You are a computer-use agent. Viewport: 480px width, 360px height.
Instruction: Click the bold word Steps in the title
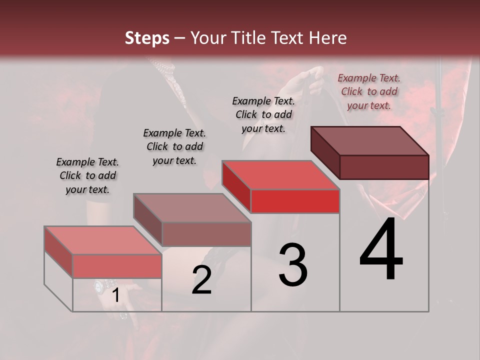pyautogui.click(x=147, y=38)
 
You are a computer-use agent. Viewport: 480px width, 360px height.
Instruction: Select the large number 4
pyautogui.click(x=381, y=250)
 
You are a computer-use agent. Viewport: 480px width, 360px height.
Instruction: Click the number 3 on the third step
pyautogui.click(x=292, y=265)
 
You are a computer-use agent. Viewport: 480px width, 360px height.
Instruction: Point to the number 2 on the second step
pyautogui.click(x=201, y=280)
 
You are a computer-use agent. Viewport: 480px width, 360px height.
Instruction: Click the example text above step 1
pyautogui.click(x=87, y=175)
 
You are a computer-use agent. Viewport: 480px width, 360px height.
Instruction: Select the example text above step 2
pyautogui.click(x=174, y=146)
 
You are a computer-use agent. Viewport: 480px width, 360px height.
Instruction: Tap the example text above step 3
pyautogui.click(x=263, y=114)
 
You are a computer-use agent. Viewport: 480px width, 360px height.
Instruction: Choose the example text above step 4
pyautogui.click(x=369, y=91)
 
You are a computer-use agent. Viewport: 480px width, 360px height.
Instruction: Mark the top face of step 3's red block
pyautogui.click(x=280, y=175)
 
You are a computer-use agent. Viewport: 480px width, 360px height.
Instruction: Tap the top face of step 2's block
pyautogui.click(x=191, y=208)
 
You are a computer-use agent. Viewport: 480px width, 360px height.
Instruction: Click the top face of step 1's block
pyautogui.click(x=102, y=240)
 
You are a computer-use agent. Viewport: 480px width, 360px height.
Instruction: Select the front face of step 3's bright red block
pyautogui.click(x=295, y=201)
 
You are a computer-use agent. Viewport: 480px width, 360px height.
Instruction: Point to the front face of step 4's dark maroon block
pyautogui.click(x=384, y=167)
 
